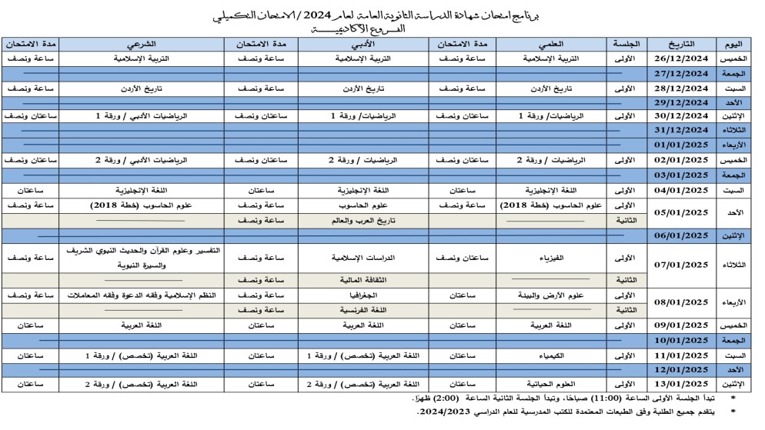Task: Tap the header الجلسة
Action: (x=629, y=43)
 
